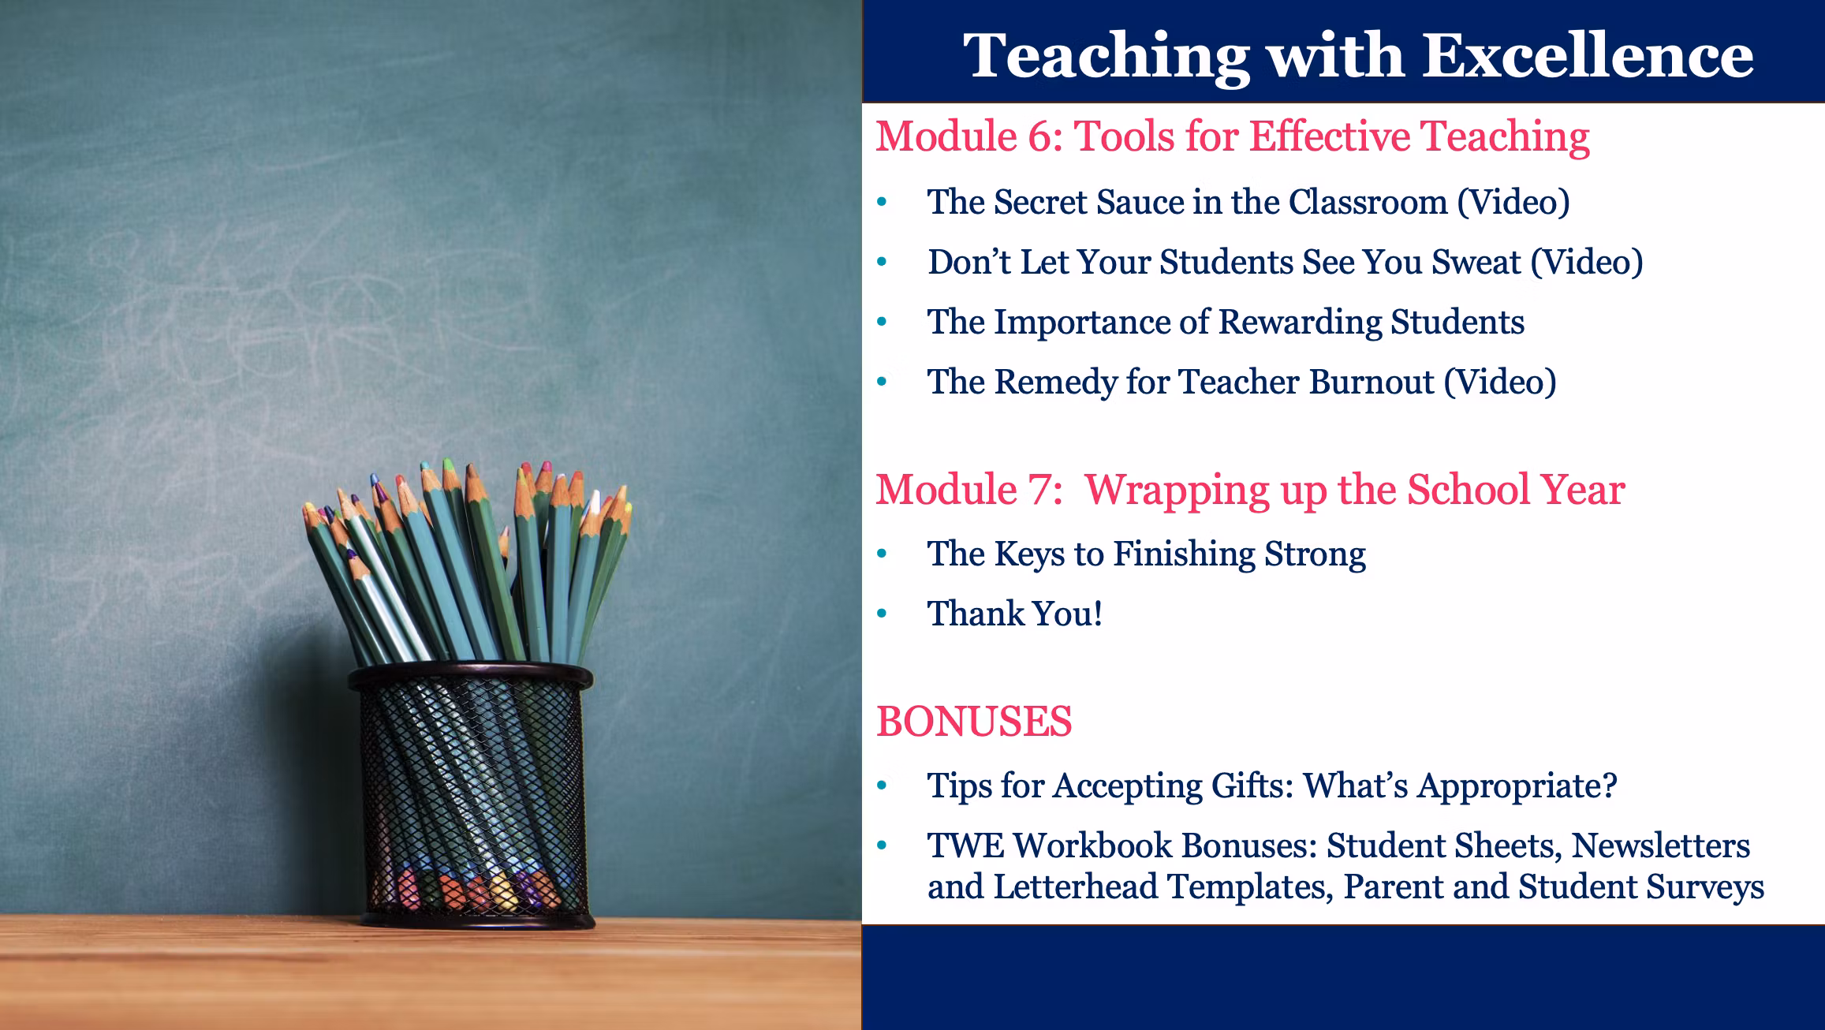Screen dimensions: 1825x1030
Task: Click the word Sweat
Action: pyautogui.click(x=1476, y=262)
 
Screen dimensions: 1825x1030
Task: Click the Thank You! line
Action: pyautogui.click(x=1015, y=614)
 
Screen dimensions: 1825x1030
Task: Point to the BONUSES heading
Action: pyautogui.click(x=974, y=722)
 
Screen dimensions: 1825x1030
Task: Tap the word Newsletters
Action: pyautogui.click(x=1661, y=845)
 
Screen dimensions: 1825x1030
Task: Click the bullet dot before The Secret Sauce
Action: pyautogui.click(x=883, y=203)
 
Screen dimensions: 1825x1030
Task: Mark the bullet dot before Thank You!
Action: pyautogui.click(x=883, y=614)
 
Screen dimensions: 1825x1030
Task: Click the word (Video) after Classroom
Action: pyautogui.click(x=1513, y=203)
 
